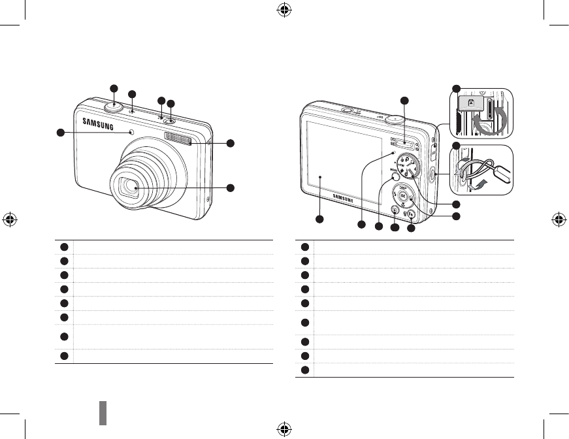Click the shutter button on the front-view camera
tap(114, 105)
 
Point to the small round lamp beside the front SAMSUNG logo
tap(133, 133)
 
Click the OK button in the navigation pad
tap(403, 197)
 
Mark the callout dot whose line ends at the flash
tap(230, 143)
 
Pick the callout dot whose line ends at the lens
tap(230, 188)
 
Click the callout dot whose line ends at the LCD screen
tap(319, 219)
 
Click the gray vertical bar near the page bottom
tap(103, 413)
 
